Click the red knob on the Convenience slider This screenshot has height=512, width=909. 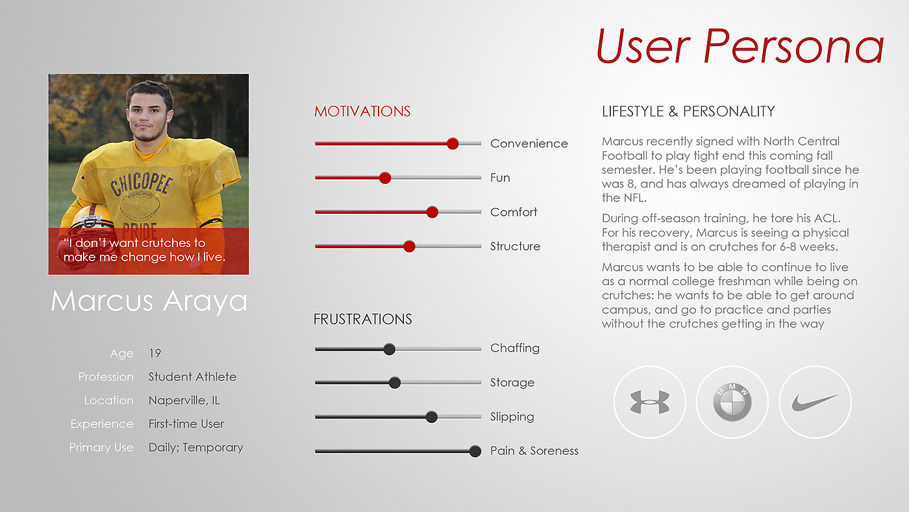click(453, 144)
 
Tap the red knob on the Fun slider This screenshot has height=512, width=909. click(385, 178)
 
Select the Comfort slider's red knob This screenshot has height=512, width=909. click(432, 212)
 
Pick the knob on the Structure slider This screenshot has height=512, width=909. click(409, 246)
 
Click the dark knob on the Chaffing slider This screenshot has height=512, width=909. click(389, 349)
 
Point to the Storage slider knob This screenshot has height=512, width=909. click(395, 383)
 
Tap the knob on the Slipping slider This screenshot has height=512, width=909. click(431, 416)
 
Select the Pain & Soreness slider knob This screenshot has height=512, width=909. click(475, 451)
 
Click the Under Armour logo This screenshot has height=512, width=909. click(650, 402)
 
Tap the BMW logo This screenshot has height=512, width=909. click(732, 402)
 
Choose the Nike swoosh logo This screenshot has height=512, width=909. click(815, 402)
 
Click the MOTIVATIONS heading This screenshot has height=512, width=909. click(362, 111)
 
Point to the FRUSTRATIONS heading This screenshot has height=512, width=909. click(363, 319)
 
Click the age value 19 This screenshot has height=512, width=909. click(155, 353)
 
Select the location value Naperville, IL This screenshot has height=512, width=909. click(184, 401)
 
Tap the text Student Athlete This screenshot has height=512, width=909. click(192, 377)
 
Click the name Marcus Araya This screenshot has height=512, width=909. click(149, 301)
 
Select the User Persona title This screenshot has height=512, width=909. click(740, 46)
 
